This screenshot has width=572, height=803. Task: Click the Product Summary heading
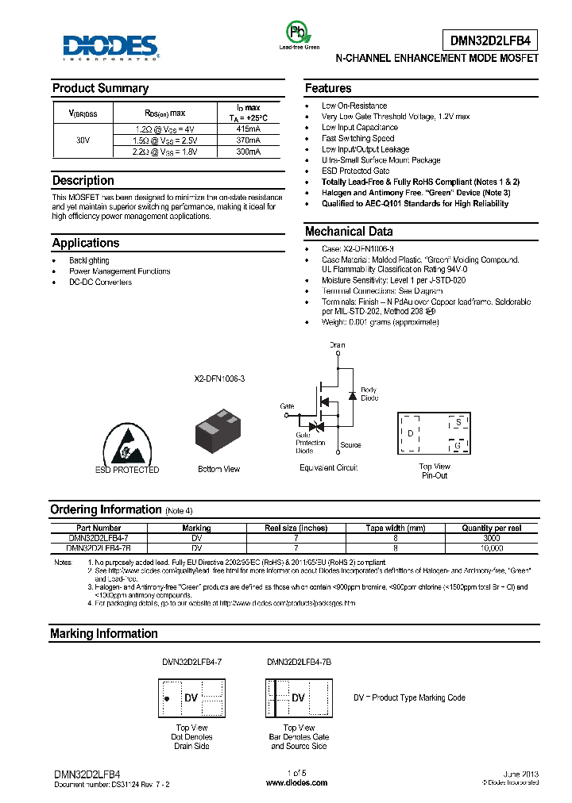(100, 88)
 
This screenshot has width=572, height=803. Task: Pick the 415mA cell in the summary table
(248, 128)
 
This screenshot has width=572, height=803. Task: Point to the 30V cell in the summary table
(83, 139)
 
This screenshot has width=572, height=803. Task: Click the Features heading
(328, 88)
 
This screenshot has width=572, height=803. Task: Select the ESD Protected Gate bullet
(355, 171)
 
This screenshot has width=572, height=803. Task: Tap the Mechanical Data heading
(349, 232)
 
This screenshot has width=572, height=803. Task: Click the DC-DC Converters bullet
(100, 282)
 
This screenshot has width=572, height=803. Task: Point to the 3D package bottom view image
(218, 432)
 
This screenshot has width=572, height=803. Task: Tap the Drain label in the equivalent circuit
(338, 345)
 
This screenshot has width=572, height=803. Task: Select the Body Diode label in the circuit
(369, 394)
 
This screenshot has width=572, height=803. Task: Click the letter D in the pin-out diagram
(410, 433)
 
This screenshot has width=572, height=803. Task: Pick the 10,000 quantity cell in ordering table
(492, 547)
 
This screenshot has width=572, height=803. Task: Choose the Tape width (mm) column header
(395, 528)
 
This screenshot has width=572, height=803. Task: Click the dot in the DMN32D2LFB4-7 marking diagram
(167, 698)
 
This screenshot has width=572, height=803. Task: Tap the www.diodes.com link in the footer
(296, 782)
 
